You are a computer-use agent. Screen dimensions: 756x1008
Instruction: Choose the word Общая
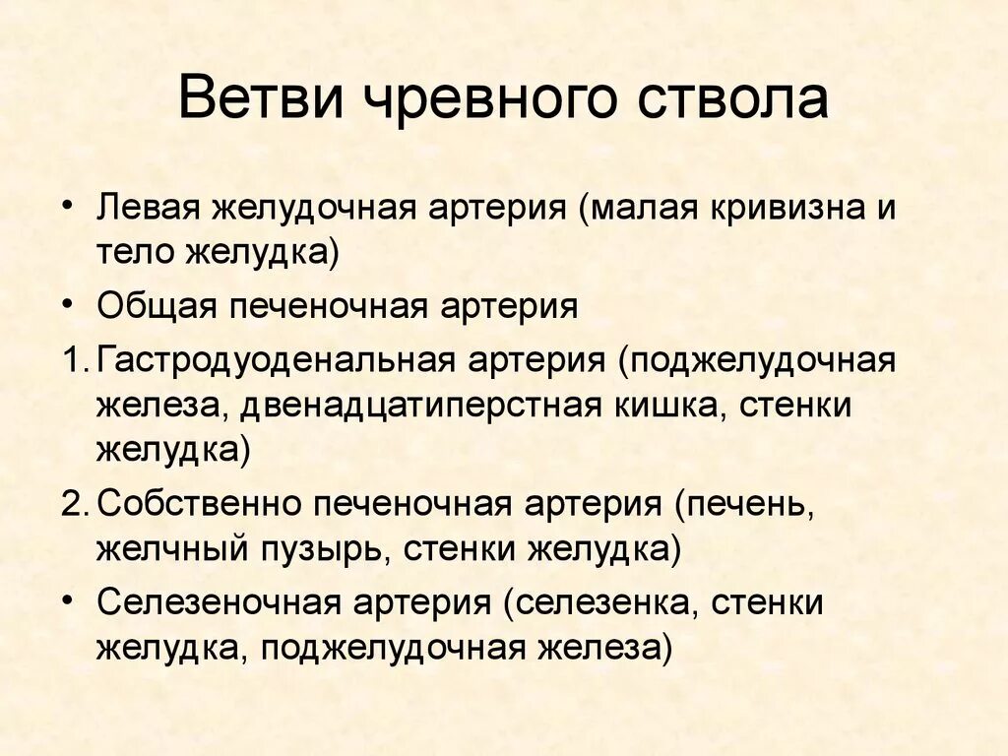click(156, 306)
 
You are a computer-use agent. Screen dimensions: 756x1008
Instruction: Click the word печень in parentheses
click(745, 503)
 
